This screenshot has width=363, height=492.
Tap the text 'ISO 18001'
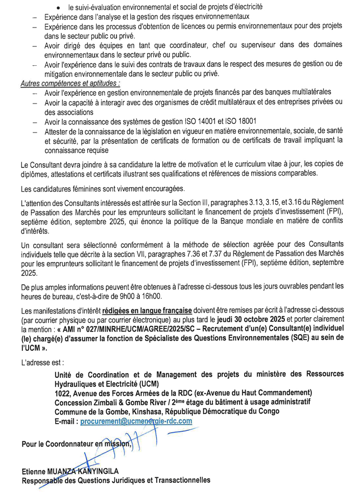click(240, 122)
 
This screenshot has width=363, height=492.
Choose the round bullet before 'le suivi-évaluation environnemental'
click(60, 8)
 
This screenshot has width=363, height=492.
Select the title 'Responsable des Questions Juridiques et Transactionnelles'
click(115, 481)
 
